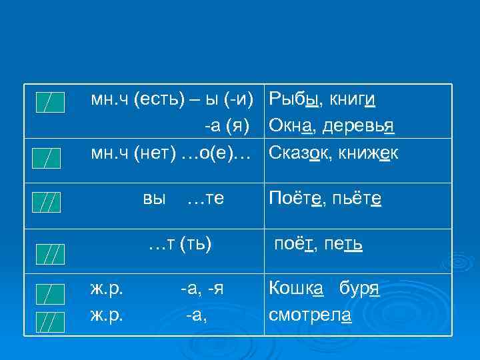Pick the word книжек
[369, 153]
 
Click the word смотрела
[310, 314]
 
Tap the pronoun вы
[154, 198]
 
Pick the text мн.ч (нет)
[132, 153]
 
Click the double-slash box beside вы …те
[47, 201]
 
